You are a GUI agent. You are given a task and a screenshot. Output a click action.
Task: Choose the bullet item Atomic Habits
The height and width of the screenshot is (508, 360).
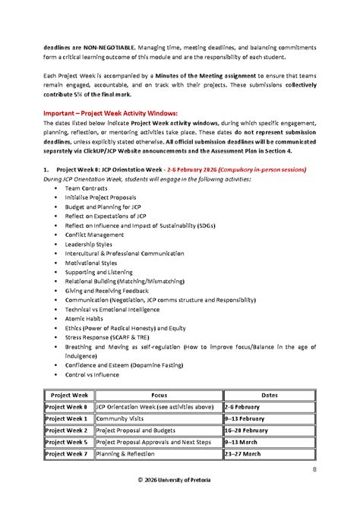pyautogui.click(x=84, y=319)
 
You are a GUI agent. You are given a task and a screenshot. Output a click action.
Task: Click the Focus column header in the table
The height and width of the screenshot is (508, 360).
pyautogui.click(x=159, y=396)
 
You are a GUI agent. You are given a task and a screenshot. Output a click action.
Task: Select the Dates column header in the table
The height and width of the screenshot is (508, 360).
pyautogui.click(x=269, y=396)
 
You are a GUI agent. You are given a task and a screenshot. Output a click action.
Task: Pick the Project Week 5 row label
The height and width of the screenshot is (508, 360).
pyautogui.click(x=67, y=441)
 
